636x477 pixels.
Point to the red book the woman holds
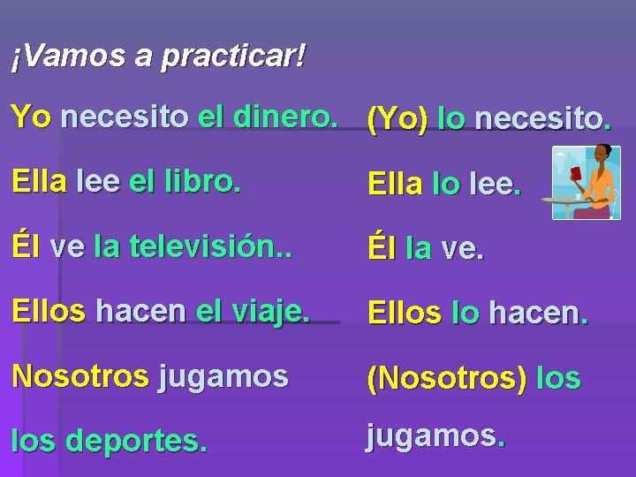click(x=576, y=171)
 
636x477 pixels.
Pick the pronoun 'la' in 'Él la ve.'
click(x=419, y=249)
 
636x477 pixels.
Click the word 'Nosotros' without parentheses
click(x=80, y=375)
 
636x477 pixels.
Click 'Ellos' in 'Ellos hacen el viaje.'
click(x=49, y=311)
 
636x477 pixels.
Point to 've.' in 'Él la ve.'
click(x=463, y=249)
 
